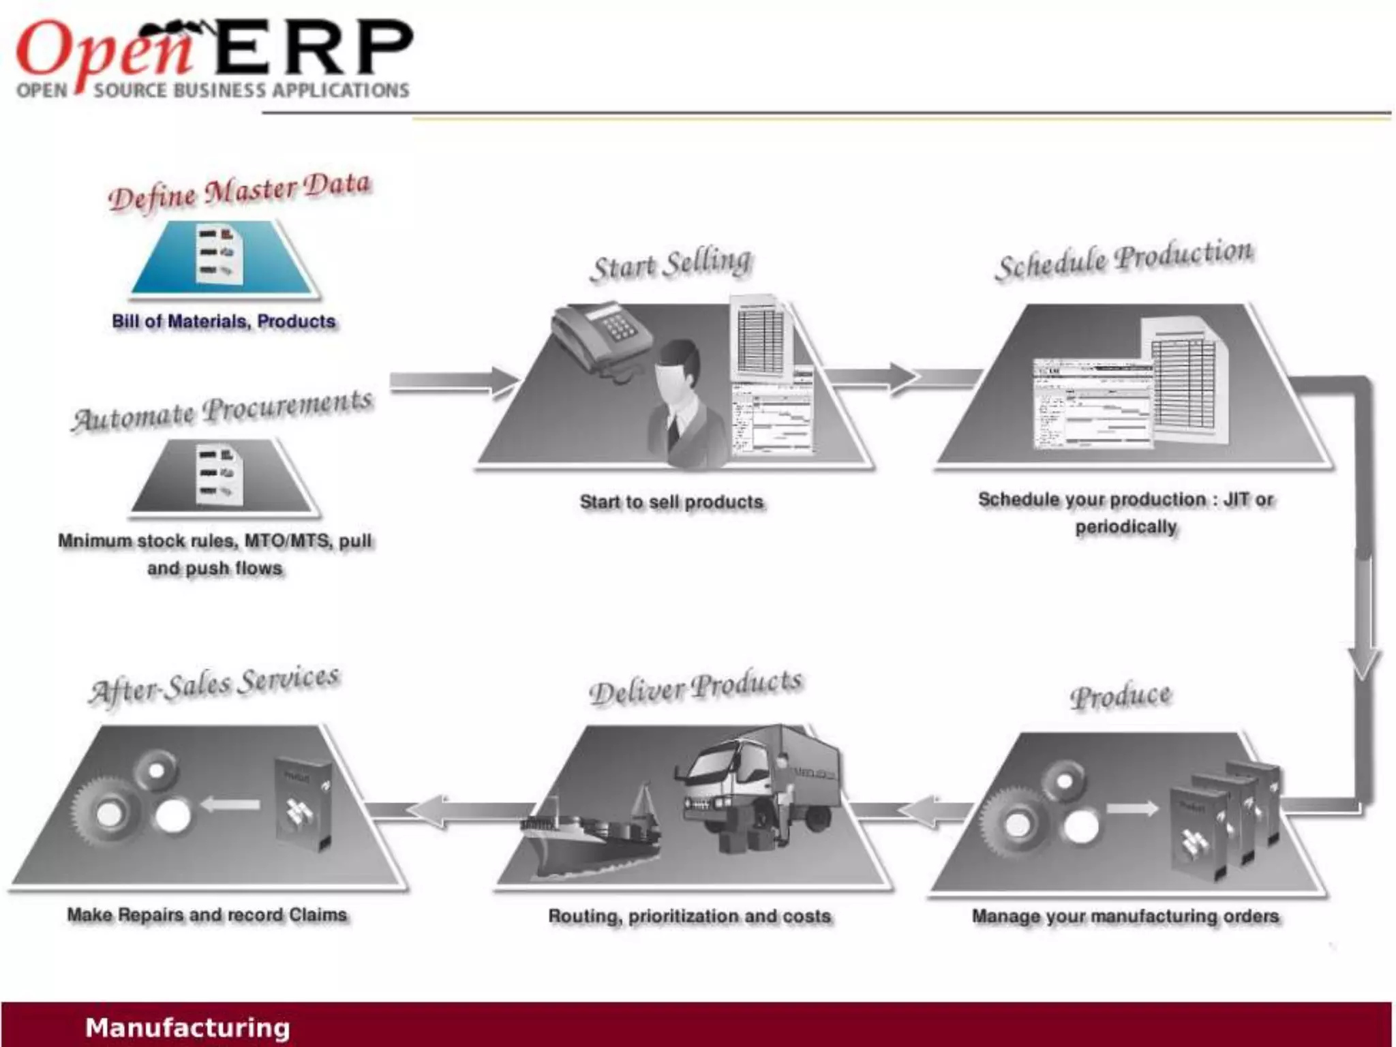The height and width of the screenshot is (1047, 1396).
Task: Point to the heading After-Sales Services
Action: [x=214, y=684]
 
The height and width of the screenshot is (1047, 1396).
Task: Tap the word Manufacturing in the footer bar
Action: [x=187, y=1027]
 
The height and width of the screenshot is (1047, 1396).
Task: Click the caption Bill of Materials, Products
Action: [x=224, y=321]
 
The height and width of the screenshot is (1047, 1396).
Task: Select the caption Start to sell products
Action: [x=671, y=502]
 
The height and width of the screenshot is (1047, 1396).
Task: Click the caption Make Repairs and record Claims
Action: [x=207, y=915]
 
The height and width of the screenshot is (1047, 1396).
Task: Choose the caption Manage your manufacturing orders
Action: [x=1125, y=916]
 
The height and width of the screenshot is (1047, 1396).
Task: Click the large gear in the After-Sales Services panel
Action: [x=106, y=811]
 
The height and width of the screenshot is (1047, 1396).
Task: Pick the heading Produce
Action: [x=1121, y=696]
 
